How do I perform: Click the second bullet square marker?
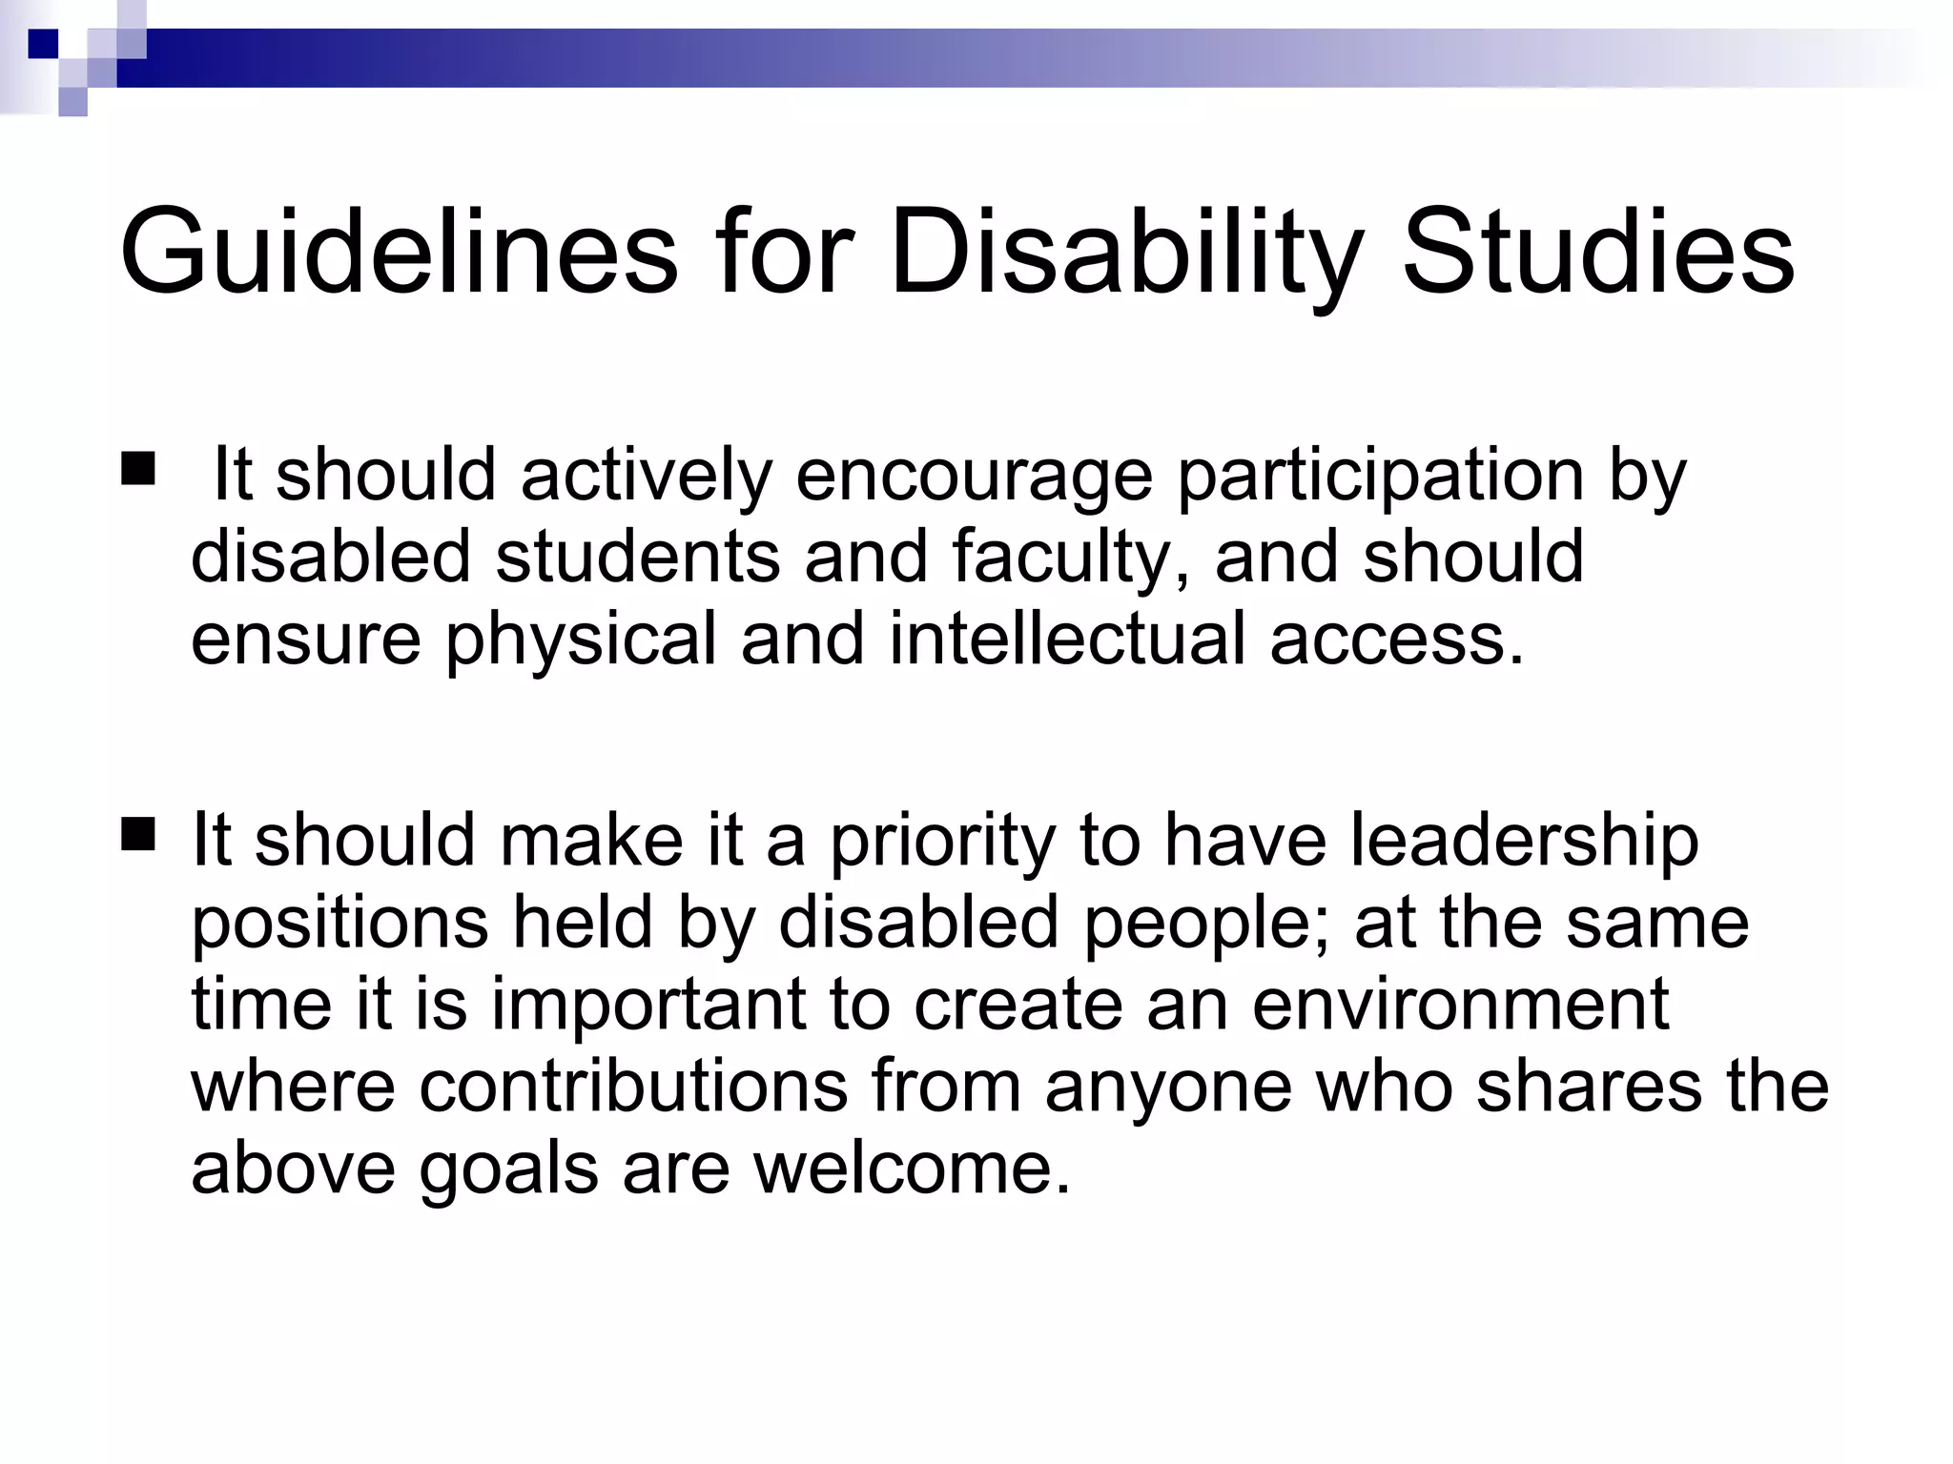[x=138, y=836]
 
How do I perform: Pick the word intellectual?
[x=1067, y=639]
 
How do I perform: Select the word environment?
[x=1460, y=1005]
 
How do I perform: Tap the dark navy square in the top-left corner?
[x=43, y=43]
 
